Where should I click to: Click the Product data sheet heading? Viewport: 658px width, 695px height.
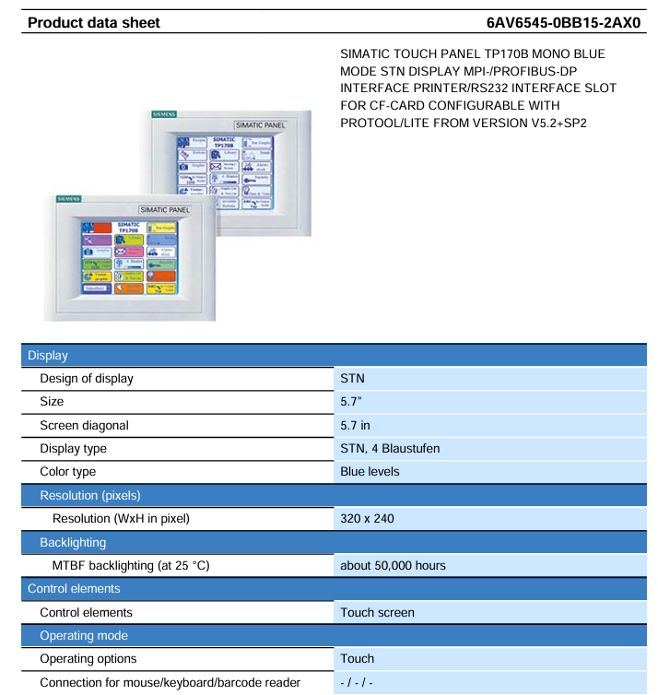tap(94, 22)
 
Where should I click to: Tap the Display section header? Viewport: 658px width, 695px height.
tap(48, 355)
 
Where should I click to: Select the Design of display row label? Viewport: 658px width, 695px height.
tap(87, 378)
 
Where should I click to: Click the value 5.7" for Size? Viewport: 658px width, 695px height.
tap(354, 402)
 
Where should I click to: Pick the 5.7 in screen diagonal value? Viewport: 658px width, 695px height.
tap(359, 425)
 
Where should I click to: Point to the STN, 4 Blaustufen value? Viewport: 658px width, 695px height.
tap(390, 449)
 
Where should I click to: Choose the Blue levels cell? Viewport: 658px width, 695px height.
tap(370, 472)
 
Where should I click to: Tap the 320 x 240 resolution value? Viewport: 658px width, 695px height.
tap(367, 519)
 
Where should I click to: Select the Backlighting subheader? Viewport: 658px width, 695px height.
tap(73, 543)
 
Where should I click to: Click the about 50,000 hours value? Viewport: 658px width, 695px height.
tap(394, 566)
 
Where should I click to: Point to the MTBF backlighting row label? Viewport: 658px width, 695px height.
tap(131, 566)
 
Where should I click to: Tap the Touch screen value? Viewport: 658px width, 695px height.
tap(377, 612)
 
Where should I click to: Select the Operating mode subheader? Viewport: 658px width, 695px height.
tap(83, 636)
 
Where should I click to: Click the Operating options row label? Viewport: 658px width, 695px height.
tap(88, 659)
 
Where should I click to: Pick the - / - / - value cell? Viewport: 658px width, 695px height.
tap(356, 683)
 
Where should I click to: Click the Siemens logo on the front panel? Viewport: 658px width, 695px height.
tap(69, 198)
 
